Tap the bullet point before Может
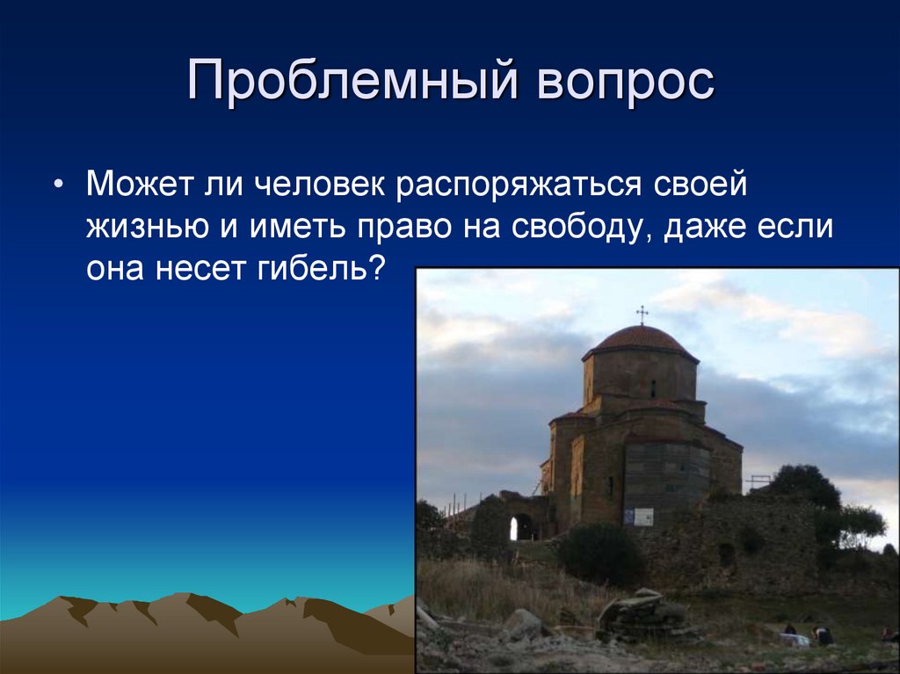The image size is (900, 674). point(58,186)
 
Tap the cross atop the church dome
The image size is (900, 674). point(642,314)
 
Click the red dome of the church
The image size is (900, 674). point(641,340)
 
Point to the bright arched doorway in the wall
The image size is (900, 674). point(514,528)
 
